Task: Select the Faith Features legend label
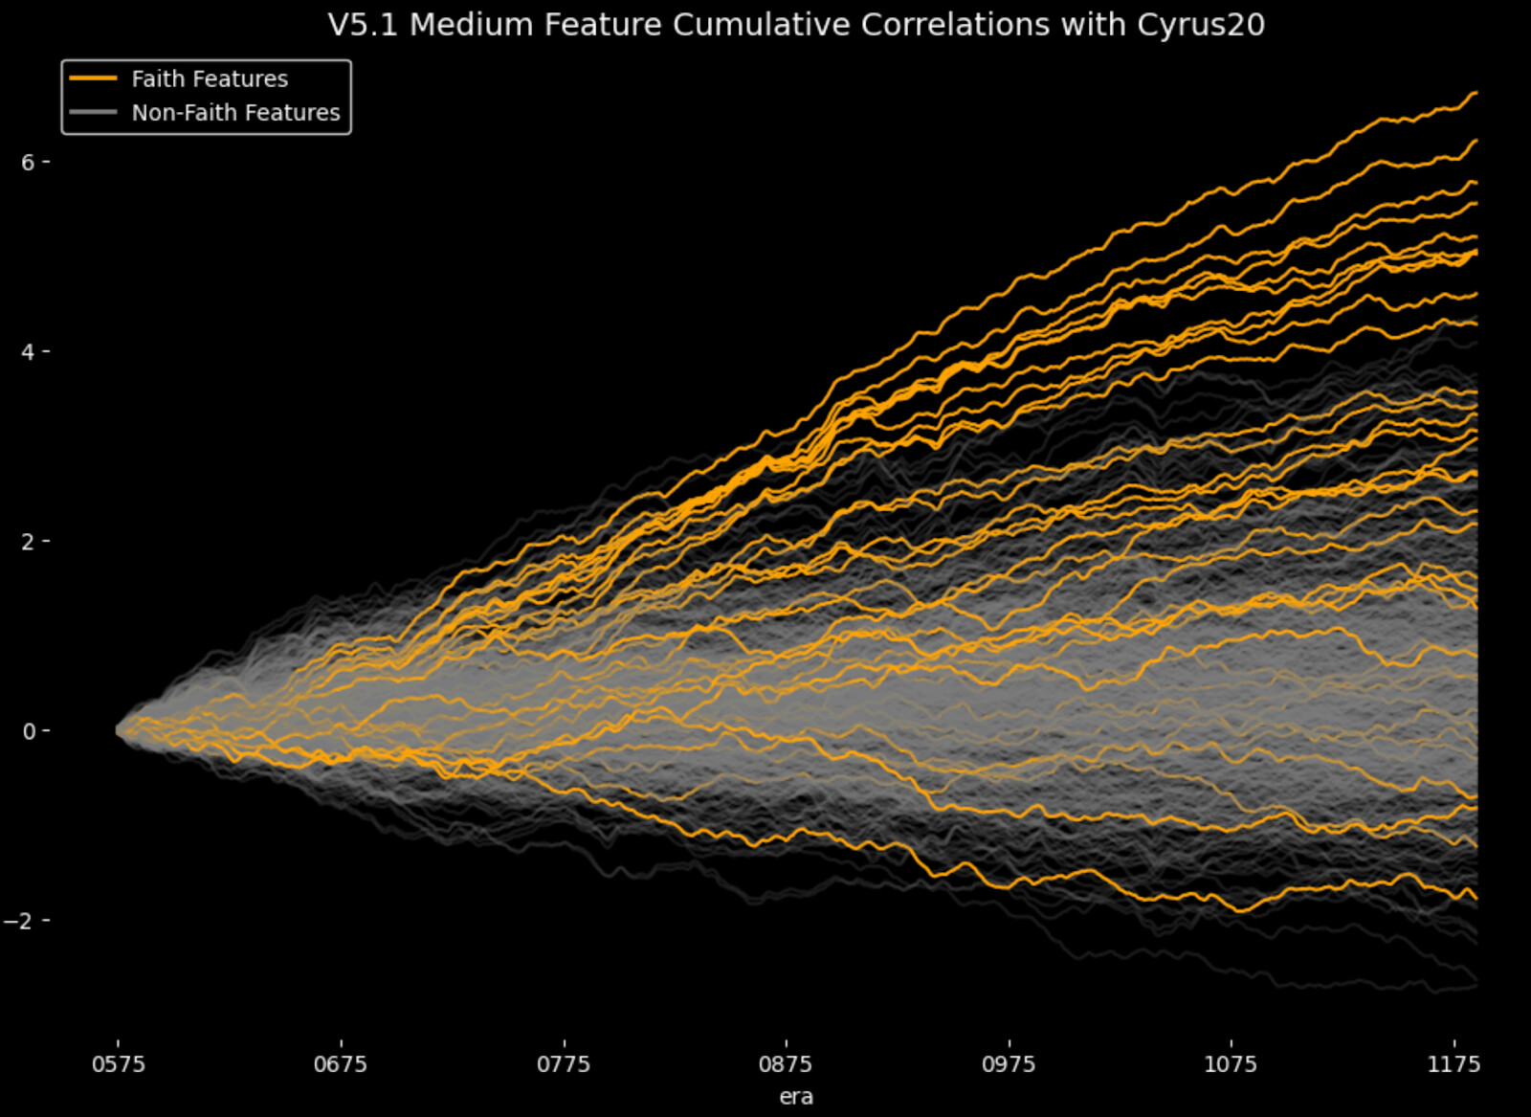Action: pos(210,78)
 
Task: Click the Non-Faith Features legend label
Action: pos(235,112)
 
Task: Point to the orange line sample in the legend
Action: pos(94,78)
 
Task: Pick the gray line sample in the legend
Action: pos(94,112)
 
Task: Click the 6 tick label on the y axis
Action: pos(28,163)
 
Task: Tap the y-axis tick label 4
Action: pos(28,352)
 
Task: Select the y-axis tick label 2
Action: pos(28,542)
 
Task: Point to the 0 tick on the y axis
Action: pos(28,731)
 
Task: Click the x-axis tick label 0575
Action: pos(119,1064)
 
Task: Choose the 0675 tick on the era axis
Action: pos(341,1064)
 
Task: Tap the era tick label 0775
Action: pos(564,1064)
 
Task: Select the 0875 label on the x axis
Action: pos(786,1064)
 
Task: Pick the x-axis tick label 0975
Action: pos(1009,1064)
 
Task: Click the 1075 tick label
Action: pos(1231,1064)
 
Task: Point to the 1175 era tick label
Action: pos(1453,1064)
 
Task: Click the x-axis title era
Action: pos(796,1097)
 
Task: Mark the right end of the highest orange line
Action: pos(1476,93)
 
